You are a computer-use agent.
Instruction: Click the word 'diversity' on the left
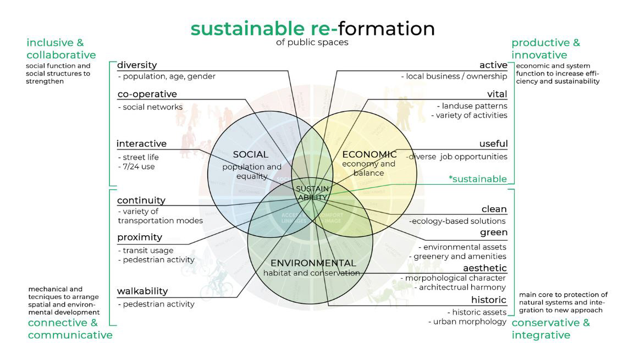[137, 65]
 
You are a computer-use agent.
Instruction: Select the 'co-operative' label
[147, 94]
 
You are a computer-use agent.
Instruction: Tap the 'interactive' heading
[141, 144]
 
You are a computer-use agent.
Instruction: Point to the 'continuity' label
[141, 201]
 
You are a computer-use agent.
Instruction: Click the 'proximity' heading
[140, 237]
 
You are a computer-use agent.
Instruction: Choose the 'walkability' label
[142, 291]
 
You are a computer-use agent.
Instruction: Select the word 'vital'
[497, 94]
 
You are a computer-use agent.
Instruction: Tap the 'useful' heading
[493, 144]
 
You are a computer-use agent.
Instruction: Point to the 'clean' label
[494, 209]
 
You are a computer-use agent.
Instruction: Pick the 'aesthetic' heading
[484, 268]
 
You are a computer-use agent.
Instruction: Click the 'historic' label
[488, 300]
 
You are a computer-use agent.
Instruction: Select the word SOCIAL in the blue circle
[250, 154]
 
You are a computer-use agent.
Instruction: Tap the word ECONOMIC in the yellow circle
[369, 154]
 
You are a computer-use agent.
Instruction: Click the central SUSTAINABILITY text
[312, 193]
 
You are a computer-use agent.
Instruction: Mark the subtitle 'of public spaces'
[313, 42]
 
